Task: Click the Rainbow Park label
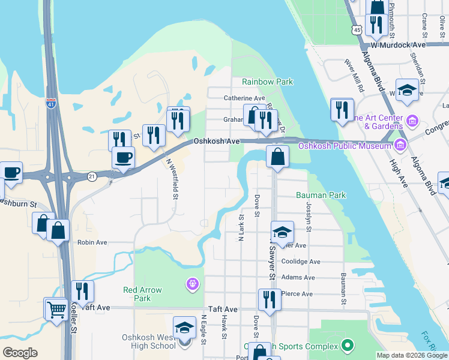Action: click(267, 82)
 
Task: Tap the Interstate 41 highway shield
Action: click(51, 104)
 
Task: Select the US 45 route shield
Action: click(357, 29)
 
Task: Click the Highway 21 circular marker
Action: click(91, 176)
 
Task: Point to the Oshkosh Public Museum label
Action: click(341, 145)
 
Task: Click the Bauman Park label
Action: click(321, 196)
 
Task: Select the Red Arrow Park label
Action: click(142, 294)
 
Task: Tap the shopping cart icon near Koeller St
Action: click(56, 310)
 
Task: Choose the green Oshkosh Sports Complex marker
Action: click(347, 345)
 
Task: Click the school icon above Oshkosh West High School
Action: click(184, 328)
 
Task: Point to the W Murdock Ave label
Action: click(397, 45)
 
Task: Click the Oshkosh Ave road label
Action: click(217, 141)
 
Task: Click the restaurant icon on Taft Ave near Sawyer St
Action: click(270, 299)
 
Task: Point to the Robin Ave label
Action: click(92, 242)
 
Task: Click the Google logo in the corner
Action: click(20, 353)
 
